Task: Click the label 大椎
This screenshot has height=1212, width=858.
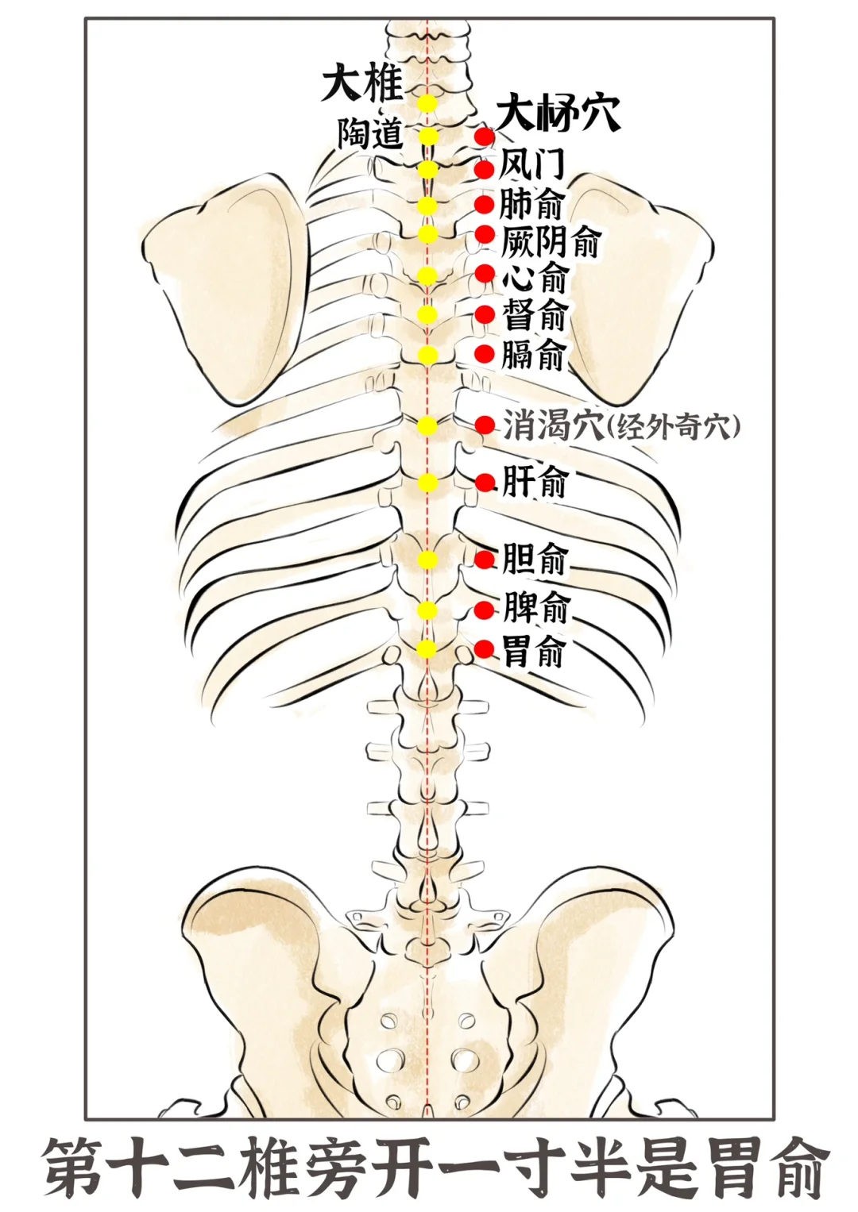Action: (361, 83)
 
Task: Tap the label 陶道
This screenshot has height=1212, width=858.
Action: (370, 133)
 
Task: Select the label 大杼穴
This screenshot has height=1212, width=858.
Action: (558, 114)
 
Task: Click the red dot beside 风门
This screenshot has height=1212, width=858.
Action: (485, 169)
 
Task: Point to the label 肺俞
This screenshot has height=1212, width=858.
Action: (531, 204)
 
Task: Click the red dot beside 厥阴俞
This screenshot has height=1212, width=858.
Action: (485, 235)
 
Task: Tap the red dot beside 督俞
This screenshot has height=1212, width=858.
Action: (485, 314)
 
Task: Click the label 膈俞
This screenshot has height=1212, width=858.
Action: (533, 354)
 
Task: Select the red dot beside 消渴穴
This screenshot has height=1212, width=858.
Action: (485, 425)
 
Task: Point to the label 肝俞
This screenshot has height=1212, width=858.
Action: (535, 482)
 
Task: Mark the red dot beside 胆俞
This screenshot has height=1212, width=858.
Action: (485, 559)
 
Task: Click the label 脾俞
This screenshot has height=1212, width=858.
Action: (536, 609)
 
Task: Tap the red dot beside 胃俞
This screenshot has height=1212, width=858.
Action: (485, 649)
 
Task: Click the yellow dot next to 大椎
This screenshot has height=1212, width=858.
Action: (427, 103)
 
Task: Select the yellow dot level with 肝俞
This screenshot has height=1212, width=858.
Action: (427, 483)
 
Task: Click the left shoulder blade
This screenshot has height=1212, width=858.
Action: (226, 286)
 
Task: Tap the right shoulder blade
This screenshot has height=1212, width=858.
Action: (636, 286)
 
